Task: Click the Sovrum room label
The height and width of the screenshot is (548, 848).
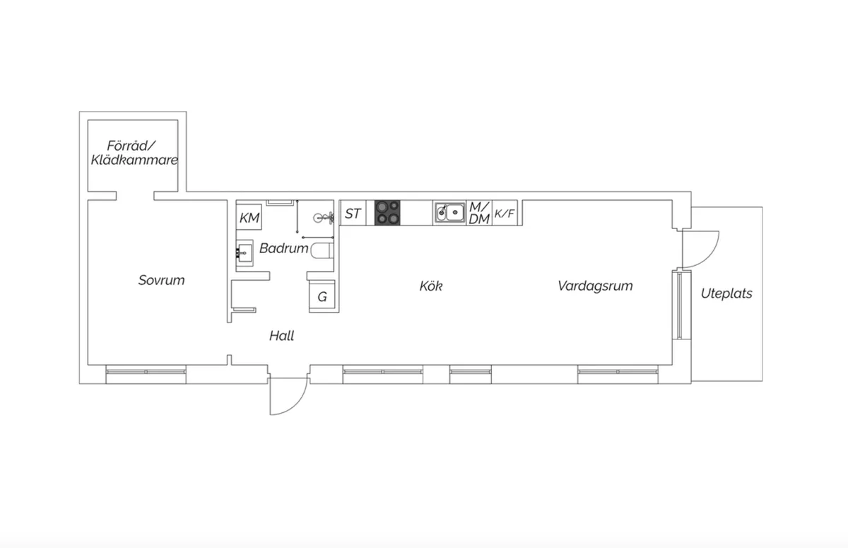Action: tap(161, 281)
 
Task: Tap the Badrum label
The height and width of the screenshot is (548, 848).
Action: tap(283, 249)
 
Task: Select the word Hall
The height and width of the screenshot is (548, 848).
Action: tap(281, 337)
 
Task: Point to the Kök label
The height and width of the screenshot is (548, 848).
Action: tap(430, 286)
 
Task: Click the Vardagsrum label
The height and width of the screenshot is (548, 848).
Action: tap(594, 286)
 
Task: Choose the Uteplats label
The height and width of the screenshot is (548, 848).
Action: tap(726, 293)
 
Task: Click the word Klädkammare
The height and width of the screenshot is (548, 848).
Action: tap(134, 161)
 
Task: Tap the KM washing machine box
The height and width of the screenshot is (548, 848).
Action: tap(249, 218)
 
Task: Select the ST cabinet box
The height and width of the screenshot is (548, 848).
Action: tap(353, 213)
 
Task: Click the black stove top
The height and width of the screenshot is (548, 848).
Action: tap(387, 213)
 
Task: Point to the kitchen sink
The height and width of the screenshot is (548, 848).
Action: tap(450, 212)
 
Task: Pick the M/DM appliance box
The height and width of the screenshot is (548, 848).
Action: tap(479, 213)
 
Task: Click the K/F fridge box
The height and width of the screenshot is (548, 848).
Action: tap(505, 213)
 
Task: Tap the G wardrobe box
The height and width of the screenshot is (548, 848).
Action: tap(322, 297)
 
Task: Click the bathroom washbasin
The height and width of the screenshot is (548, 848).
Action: tap(245, 251)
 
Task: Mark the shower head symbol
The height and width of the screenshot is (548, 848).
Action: tap(322, 217)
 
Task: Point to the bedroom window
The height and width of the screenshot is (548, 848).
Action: tap(146, 371)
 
